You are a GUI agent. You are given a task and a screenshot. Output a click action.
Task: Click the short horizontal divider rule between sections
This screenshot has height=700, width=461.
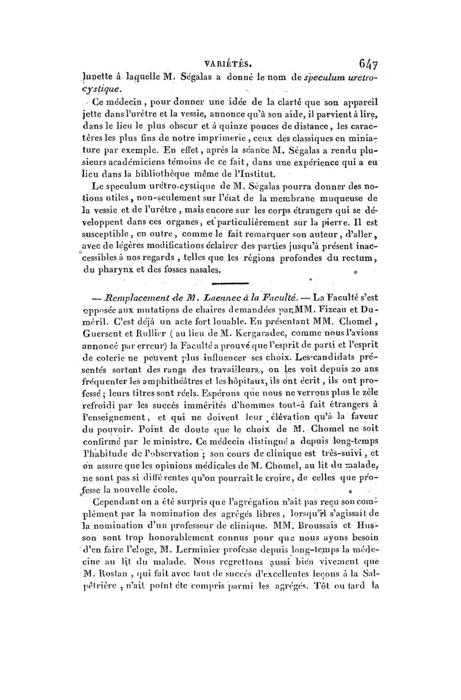pyautogui.click(x=230, y=282)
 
